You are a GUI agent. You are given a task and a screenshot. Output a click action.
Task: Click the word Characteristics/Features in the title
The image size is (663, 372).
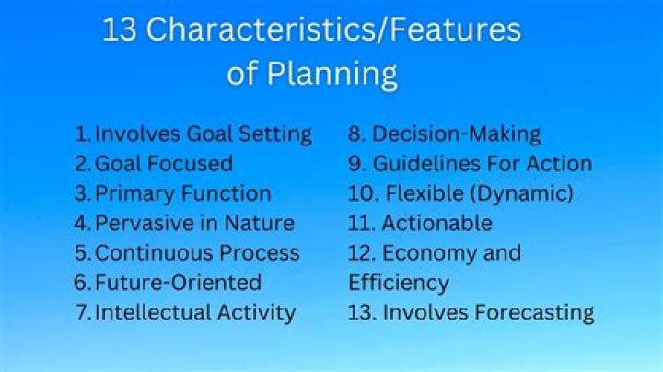[333, 29]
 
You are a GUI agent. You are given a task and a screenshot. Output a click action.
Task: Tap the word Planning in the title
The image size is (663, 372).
[333, 73]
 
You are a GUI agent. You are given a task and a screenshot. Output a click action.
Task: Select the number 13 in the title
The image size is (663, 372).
[120, 29]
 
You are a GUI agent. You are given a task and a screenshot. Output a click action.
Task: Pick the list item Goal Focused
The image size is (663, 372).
[163, 164]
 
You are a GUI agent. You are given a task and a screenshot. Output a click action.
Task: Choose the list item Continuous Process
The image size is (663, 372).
[197, 252]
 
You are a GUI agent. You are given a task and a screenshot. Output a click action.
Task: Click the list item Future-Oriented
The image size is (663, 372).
[178, 282]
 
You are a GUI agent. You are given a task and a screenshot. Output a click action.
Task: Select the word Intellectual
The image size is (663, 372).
[153, 312]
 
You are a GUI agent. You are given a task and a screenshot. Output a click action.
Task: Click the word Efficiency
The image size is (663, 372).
[398, 282]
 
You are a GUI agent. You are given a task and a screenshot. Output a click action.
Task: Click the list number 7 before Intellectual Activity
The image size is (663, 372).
[81, 312]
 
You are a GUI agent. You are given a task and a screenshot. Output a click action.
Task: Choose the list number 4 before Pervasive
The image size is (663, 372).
[82, 223]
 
